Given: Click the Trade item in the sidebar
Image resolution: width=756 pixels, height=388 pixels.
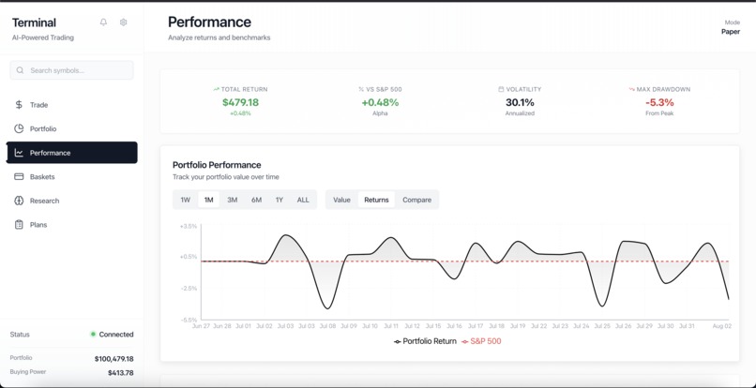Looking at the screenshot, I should coord(38,105).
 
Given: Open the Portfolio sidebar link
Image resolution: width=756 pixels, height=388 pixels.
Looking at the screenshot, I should coord(42,128).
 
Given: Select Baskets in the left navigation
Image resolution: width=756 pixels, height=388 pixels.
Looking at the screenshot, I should coord(42,176).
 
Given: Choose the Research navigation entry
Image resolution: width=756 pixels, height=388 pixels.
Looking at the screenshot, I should coord(44,201).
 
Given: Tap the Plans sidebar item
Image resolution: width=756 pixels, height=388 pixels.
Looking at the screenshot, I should coord(38,225).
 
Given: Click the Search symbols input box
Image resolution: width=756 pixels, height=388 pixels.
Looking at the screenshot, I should coord(72,70).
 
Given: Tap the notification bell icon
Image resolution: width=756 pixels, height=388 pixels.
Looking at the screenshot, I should coord(103,22).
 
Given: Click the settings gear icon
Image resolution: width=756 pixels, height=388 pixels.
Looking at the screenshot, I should coord(123,22).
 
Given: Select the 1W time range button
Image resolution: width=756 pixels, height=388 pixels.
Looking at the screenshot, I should coord(186,200).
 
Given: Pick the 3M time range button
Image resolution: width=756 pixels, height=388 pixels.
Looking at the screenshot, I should coord(233,200).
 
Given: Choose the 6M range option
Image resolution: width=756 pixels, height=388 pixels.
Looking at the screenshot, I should coord(256,200).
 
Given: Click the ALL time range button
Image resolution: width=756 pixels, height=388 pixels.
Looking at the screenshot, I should coord(303,200).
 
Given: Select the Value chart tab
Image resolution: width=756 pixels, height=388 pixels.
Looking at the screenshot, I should coord(341,200).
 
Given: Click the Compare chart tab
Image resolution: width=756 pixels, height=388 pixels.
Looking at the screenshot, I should coord(416,200).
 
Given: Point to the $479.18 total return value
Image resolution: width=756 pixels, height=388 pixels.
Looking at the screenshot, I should coord(240,102).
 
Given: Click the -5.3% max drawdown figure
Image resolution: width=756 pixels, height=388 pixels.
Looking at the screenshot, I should coord(659,102).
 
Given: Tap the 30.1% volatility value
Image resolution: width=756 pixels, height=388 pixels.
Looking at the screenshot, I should coord(520,102).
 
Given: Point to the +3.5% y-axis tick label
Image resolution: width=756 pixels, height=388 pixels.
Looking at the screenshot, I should coord(188,226).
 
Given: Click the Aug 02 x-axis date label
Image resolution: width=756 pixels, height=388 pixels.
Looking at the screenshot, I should coord(721,326).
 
